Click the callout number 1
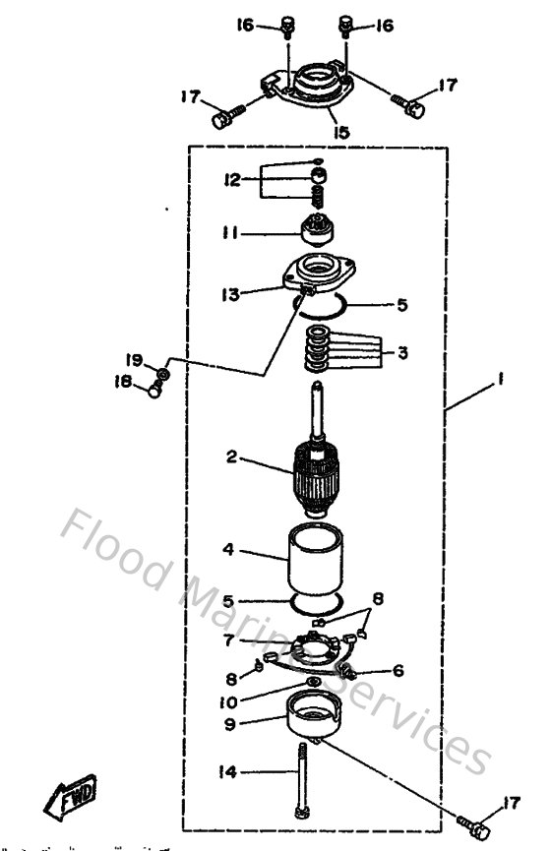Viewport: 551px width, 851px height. (502, 389)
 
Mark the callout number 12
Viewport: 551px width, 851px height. (233, 179)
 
